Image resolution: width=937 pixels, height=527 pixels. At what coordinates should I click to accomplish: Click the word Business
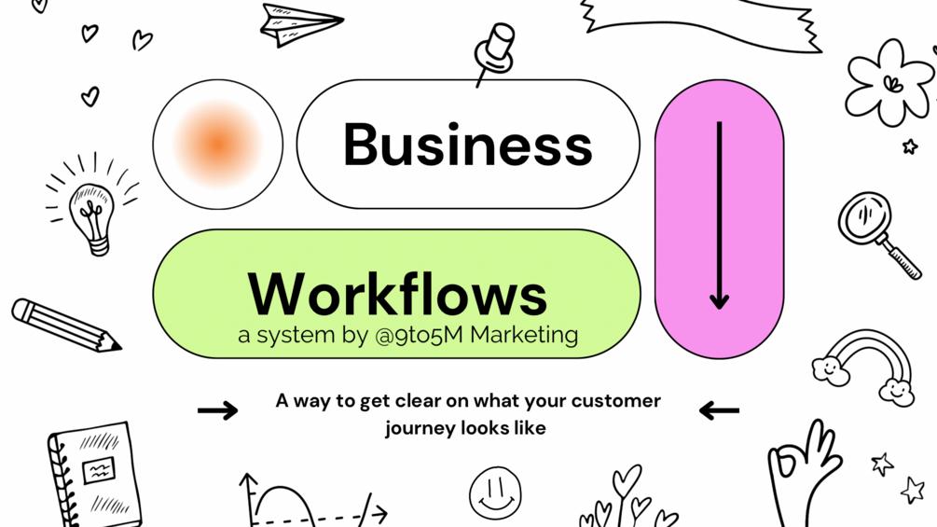tap(467, 146)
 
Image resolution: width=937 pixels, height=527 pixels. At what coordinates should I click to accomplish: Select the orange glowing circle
tap(217, 144)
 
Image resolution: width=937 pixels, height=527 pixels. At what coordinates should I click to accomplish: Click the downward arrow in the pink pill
tap(719, 215)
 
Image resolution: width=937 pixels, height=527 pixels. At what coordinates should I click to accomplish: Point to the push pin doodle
tap(495, 51)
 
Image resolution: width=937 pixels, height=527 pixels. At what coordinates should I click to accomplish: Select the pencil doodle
tap(65, 325)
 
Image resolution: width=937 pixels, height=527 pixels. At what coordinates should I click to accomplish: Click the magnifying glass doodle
tap(876, 232)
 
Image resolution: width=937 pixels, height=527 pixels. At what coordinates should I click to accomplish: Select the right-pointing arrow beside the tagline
tap(218, 409)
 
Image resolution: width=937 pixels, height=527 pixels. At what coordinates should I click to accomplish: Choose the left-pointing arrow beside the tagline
tap(719, 409)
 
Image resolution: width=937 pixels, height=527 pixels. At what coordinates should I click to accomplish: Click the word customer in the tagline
tap(615, 401)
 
